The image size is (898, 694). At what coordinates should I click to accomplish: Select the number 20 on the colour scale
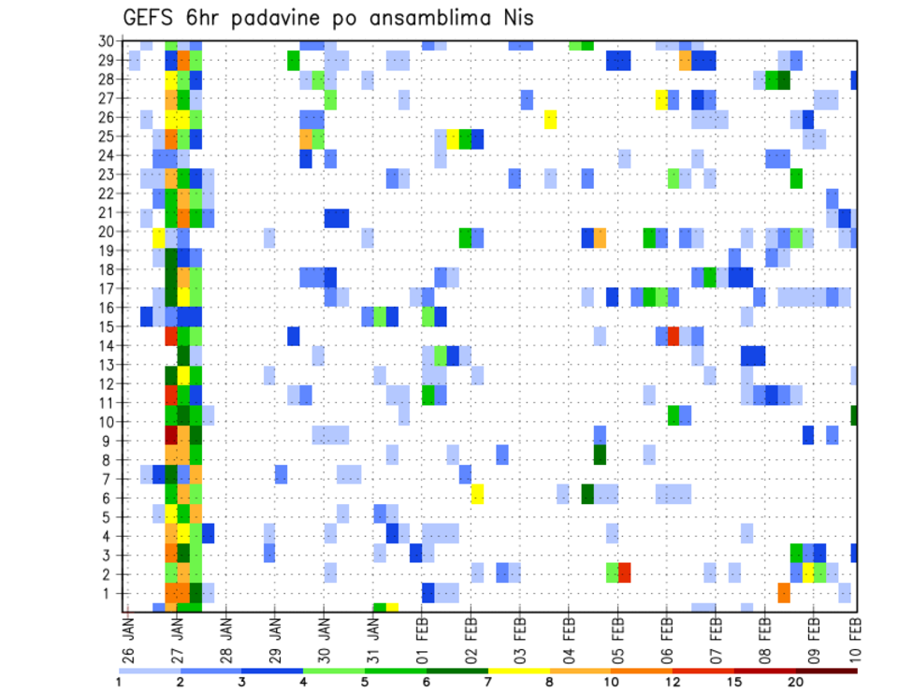click(796, 682)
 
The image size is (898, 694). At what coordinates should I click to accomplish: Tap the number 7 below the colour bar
click(488, 682)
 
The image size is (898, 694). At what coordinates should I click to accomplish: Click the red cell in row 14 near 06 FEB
click(673, 336)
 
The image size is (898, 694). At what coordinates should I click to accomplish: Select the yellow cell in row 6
click(477, 493)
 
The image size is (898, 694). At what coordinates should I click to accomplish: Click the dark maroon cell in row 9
click(171, 436)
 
